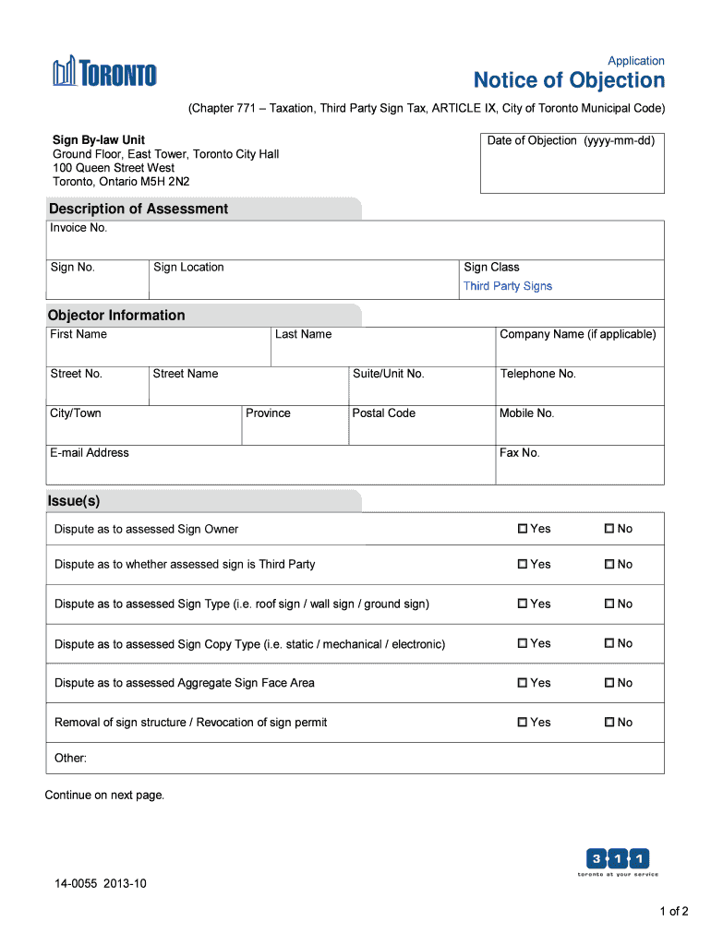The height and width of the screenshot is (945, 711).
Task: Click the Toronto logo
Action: tap(104, 72)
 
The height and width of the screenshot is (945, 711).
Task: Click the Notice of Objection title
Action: tap(569, 80)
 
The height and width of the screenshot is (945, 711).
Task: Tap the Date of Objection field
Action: tap(572, 170)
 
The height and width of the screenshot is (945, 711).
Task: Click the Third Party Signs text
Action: tap(507, 286)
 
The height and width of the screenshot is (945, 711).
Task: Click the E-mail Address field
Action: tap(271, 470)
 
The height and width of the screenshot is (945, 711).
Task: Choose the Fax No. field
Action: tap(579, 470)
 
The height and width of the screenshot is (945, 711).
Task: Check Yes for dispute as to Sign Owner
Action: tap(523, 529)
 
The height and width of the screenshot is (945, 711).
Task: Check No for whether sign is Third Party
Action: tap(609, 564)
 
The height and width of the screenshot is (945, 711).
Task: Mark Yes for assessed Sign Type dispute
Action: tap(523, 604)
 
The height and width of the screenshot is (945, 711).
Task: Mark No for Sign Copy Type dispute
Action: tap(609, 643)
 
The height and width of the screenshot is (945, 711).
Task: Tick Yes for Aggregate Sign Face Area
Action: tap(523, 683)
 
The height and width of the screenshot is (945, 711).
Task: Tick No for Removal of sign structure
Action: tap(609, 723)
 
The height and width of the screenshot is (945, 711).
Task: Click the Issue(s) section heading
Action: tap(74, 501)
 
